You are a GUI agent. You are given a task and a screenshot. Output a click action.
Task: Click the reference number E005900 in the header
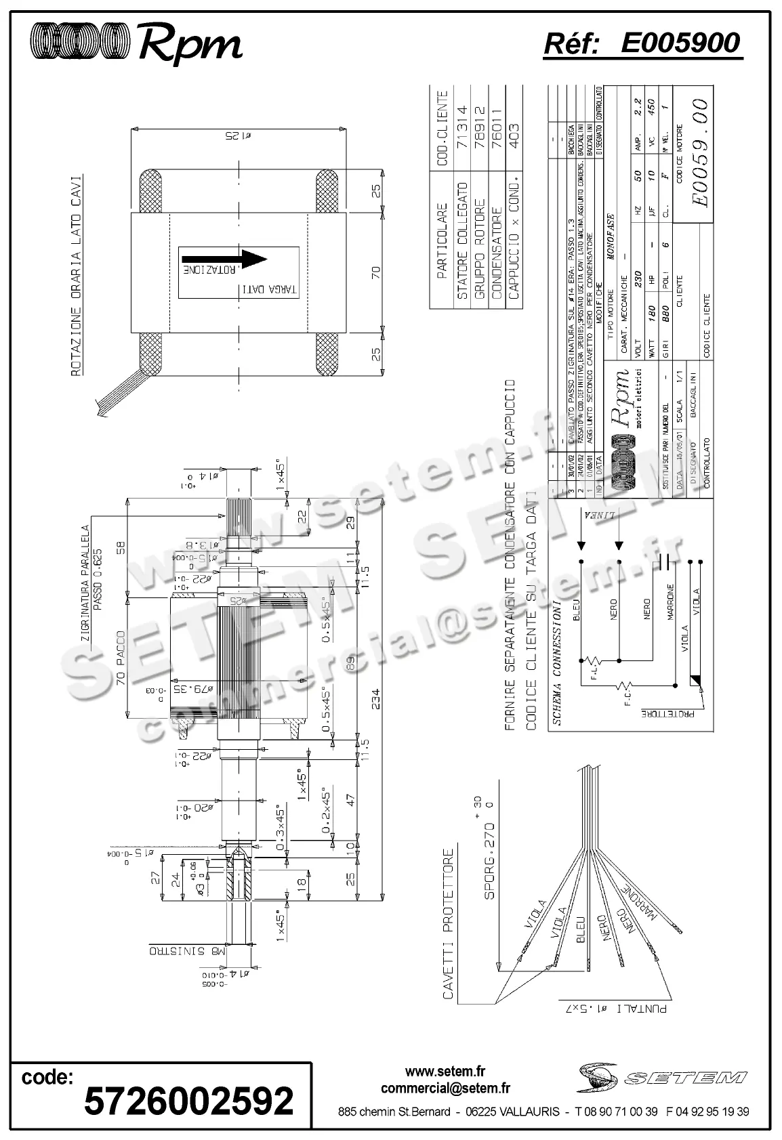pyautogui.click(x=680, y=43)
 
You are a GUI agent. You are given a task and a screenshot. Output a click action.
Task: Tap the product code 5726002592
pyautogui.click(x=189, y=1100)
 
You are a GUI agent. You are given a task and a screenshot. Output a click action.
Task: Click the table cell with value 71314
pyautogui.click(x=461, y=125)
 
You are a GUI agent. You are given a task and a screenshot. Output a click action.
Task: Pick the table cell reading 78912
pyautogui.click(x=479, y=125)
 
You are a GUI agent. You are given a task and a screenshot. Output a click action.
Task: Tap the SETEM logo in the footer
pyautogui.click(x=662, y=1076)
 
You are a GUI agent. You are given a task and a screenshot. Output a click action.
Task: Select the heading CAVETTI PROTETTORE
pyautogui.click(x=448, y=925)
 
